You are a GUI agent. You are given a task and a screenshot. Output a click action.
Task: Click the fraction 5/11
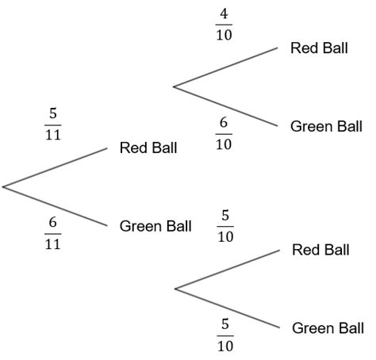[52, 124]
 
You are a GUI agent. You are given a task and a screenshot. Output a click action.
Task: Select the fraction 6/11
[52, 232]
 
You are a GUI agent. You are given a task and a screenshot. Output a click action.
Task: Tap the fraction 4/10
[224, 25]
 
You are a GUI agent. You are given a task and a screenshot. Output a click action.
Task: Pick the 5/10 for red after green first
[224, 226]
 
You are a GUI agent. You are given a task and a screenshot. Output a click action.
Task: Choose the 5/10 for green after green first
[224, 335]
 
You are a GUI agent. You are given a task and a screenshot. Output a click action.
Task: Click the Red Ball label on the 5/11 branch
[148, 148]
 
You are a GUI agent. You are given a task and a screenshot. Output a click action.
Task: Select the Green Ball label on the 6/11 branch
[155, 226]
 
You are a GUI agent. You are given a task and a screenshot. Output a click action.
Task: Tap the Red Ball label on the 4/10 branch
[319, 48]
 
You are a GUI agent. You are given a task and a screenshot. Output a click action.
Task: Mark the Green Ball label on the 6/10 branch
[326, 126]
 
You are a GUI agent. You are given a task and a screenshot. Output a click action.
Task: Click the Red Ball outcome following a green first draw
[320, 251]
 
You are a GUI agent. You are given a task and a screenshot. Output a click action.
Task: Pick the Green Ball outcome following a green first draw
[328, 327]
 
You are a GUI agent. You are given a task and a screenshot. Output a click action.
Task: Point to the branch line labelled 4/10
[225, 66]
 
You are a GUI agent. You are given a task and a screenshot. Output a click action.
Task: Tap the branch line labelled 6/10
[225, 106]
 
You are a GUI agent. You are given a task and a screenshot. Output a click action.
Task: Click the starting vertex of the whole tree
[3, 187]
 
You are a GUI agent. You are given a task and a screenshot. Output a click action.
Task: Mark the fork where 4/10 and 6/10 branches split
[174, 86]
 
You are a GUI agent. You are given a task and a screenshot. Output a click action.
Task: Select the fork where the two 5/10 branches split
[175, 289]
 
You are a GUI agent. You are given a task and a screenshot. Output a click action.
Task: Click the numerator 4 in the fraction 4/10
[224, 14]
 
